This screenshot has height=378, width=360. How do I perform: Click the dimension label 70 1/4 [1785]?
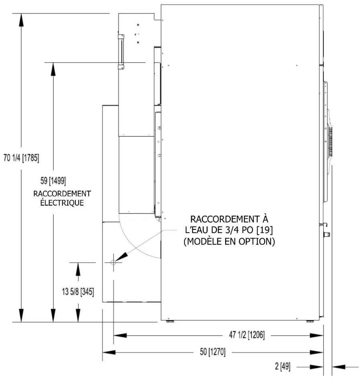pyautogui.click(x=21, y=158)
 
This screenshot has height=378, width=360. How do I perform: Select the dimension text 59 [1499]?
pyautogui.click(x=53, y=181)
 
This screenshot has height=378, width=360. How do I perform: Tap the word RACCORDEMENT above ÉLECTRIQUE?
pyautogui.click(x=62, y=194)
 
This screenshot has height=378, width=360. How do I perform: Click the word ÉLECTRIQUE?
pyautogui.click(x=62, y=202)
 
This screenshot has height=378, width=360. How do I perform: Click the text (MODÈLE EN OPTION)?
pyautogui.click(x=229, y=241)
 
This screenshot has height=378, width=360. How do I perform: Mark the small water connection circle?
pyautogui.click(x=113, y=262)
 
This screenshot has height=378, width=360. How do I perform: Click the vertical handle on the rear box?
pyautogui.click(x=121, y=52)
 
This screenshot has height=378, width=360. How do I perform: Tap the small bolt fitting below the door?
pyautogui.click(x=327, y=234)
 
